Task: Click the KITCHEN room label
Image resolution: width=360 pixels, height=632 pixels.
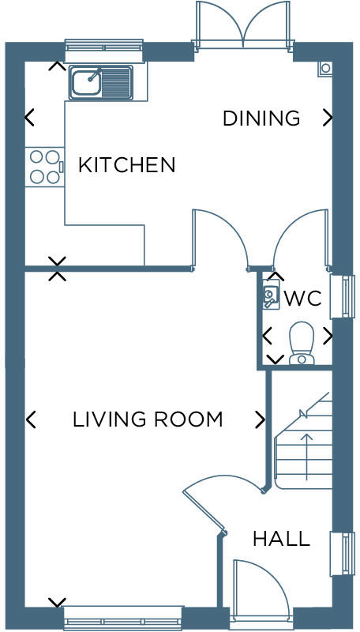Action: tap(126, 164)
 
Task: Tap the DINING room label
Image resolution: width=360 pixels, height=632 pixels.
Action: tap(261, 118)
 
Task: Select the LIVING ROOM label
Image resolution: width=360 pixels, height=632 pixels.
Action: tap(147, 419)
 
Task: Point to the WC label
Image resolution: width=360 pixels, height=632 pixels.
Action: tap(302, 299)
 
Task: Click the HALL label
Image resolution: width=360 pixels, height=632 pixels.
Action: tap(280, 539)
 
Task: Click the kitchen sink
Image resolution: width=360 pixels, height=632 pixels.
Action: tap(99, 82)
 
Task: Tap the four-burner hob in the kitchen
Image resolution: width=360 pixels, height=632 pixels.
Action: tap(44, 167)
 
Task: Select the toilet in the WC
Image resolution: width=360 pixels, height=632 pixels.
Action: tap(301, 344)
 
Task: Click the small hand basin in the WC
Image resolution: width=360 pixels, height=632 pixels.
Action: tap(271, 296)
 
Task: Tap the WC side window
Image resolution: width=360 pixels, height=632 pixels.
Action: tap(342, 296)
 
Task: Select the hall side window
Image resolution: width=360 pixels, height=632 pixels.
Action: tap(342, 553)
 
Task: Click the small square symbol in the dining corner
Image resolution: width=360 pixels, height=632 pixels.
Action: tap(324, 69)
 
